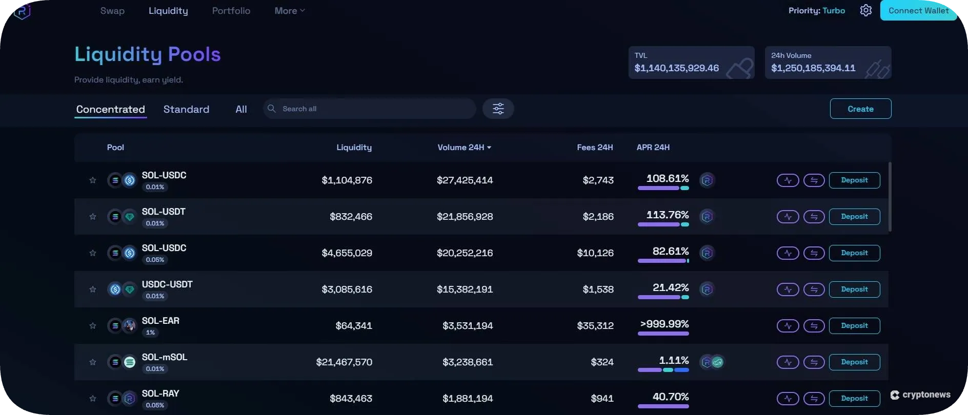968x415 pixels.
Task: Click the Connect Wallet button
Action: click(918, 11)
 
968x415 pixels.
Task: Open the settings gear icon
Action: click(865, 11)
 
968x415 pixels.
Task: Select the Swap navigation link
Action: click(112, 11)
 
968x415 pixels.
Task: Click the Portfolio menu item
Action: click(231, 11)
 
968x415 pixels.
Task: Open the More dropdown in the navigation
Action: click(289, 11)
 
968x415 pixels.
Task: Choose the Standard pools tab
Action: click(186, 109)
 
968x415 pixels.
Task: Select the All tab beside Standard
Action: click(241, 109)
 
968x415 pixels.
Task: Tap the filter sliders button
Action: click(498, 109)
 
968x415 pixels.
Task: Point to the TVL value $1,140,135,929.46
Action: click(676, 68)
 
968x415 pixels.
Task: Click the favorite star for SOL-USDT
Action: click(93, 217)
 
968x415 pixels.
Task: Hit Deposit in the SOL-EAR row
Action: click(854, 326)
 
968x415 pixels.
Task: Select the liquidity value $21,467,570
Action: click(344, 362)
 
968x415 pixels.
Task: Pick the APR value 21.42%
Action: click(670, 288)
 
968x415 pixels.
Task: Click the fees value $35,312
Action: click(595, 326)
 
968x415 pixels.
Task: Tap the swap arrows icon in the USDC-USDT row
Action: click(814, 289)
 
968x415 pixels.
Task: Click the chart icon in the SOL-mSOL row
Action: click(788, 362)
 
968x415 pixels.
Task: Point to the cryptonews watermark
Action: click(920, 395)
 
